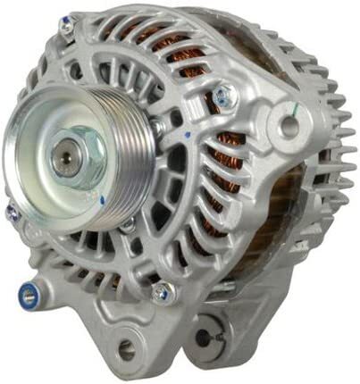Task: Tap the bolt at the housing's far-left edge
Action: tap(13, 213)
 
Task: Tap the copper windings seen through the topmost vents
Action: tap(161, 40)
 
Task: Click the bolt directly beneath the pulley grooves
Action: tap(129, 223)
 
